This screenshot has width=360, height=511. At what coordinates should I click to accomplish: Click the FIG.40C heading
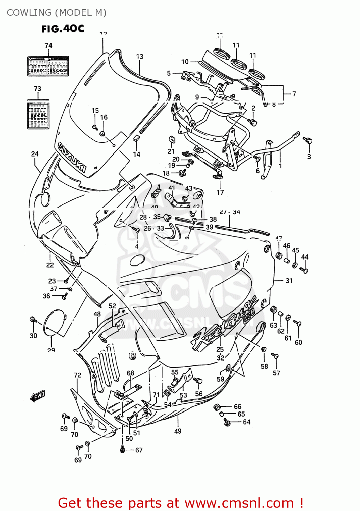coord(63,29)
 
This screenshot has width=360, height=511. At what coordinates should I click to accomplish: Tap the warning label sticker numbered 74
coord(48,66)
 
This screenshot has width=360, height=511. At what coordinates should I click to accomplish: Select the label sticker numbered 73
coord(38,114)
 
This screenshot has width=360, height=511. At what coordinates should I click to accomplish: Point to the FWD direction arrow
coord(38,396)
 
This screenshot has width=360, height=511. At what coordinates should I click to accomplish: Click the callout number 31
coord(289,281)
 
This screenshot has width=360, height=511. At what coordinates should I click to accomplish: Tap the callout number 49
coord(178,431)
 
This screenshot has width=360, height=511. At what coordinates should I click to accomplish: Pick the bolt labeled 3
coord(308,140)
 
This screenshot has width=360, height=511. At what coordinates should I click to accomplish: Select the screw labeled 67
coord(123,450)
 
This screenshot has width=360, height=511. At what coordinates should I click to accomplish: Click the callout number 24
coord(35,154)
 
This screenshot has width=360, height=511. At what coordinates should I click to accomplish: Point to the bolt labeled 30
coord(33,320)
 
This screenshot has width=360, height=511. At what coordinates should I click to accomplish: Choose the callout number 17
coord(220,192)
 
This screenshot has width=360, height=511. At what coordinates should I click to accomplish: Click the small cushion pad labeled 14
coord(136,138)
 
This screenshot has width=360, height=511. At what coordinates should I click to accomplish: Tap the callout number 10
coord(185,62)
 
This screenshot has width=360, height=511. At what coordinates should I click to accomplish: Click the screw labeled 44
coord(304,270)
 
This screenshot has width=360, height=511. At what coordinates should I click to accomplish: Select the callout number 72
coord(77,375)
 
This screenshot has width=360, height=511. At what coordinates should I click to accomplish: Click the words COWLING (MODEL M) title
coord(57,13)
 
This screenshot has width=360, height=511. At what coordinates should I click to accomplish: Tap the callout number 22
coord(50,265)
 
